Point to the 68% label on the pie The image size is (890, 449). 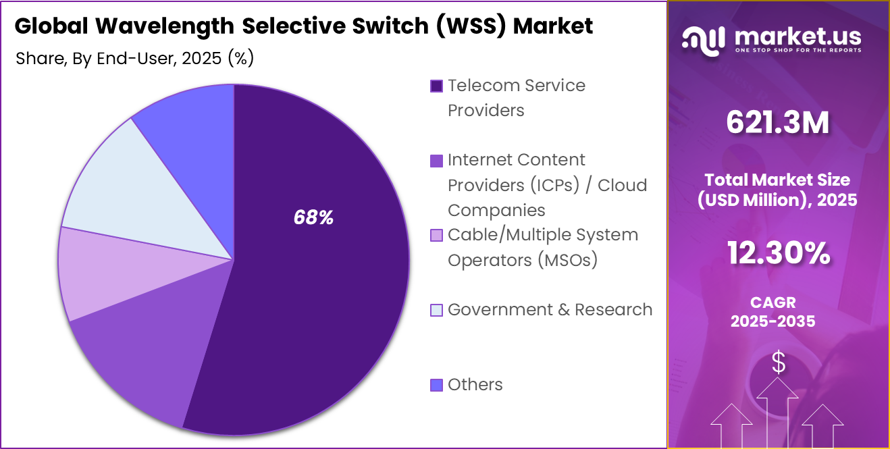pos(313,217)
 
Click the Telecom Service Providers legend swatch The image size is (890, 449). pos(436,86)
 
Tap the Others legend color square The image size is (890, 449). pos(436,385)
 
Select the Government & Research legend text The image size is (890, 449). pos(550,310)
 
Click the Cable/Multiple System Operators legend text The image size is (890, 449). pos(543,247)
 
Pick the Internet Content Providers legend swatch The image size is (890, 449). pos(436,161)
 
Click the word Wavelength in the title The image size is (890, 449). pos(165,26)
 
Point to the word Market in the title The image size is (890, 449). pos(553,26)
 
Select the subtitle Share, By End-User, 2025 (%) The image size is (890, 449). pos(134,59)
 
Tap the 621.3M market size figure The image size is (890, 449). pos(778,123)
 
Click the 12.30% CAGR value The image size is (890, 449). pos(778,253)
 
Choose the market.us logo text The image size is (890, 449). pos(797,36)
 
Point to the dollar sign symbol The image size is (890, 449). pos(779,363)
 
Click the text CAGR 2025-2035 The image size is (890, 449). pos(773,311)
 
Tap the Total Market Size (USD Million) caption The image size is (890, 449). pos(777,190)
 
